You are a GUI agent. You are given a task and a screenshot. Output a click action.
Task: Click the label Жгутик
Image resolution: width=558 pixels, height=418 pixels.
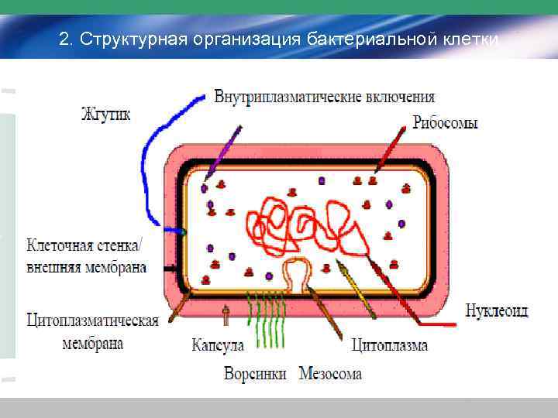pyautogui.click(x=105, y=115)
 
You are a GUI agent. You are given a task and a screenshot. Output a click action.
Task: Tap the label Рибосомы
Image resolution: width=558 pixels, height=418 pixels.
pyautogui.click(x=445, y=123)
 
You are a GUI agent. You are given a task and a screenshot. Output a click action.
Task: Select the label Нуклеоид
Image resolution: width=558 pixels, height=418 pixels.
pyautogui.click(x=497, y=311)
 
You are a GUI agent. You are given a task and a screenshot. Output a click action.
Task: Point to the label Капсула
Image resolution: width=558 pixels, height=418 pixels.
pyautogui.click(x=218, y=345)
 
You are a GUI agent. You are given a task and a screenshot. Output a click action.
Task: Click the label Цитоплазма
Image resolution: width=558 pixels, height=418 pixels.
pyautogui.click(x=389, y=345)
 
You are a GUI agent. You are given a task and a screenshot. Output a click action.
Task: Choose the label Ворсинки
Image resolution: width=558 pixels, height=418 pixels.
pyautogui.click(x=255, y=374)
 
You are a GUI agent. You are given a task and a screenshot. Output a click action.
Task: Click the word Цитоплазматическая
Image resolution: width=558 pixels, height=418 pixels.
pyautogui.click(x=91, y=321)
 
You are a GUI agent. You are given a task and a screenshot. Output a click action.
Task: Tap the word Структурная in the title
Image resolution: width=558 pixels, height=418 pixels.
pyautogui.click(x=135, y=39)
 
